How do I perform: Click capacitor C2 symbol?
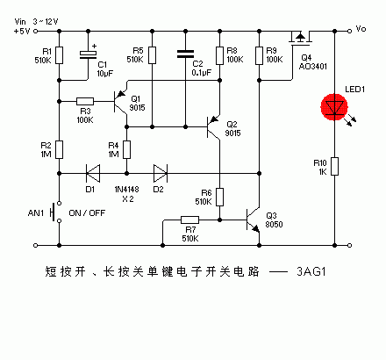(185, 54)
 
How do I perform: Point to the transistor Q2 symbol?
(214, 128)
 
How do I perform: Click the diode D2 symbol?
(159, 171)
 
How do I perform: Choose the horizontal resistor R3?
(86, 101)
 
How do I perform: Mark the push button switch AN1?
(56, 212)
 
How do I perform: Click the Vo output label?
(360, 29)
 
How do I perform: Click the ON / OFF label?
(87, 212)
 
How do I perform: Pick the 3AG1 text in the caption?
(313, 272)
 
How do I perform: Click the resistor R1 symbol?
(58, 54)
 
